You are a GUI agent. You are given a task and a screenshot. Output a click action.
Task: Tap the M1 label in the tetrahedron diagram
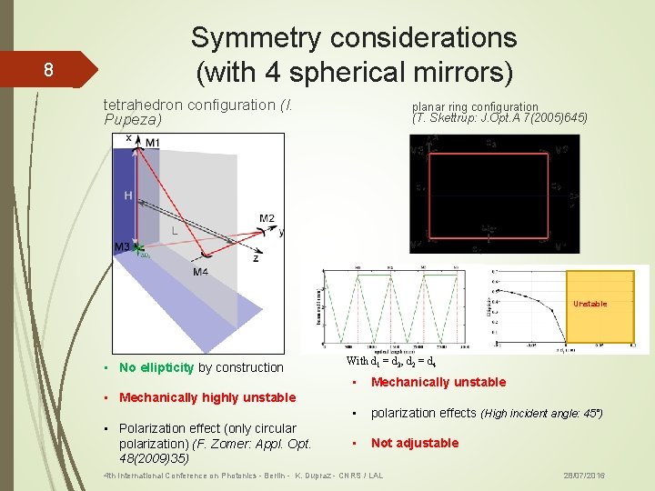coord(152,143)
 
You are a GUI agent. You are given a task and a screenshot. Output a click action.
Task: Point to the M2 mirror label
coord(267,218)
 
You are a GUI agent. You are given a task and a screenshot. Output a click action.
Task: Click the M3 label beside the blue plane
coord(121,247)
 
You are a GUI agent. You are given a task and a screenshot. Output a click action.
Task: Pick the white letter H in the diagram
coord(128,195)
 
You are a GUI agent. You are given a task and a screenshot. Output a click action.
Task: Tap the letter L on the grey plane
coord(174,231)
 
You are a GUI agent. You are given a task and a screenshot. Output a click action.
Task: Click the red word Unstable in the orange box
coord(589,304)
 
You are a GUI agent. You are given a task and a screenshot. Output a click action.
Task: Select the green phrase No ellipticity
coord(156,367)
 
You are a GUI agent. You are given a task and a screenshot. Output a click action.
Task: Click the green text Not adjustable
coord(414,443)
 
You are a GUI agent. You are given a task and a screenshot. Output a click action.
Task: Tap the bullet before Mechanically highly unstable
coord(107,397)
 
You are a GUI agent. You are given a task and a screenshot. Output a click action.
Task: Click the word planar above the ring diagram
coord(428,106)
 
